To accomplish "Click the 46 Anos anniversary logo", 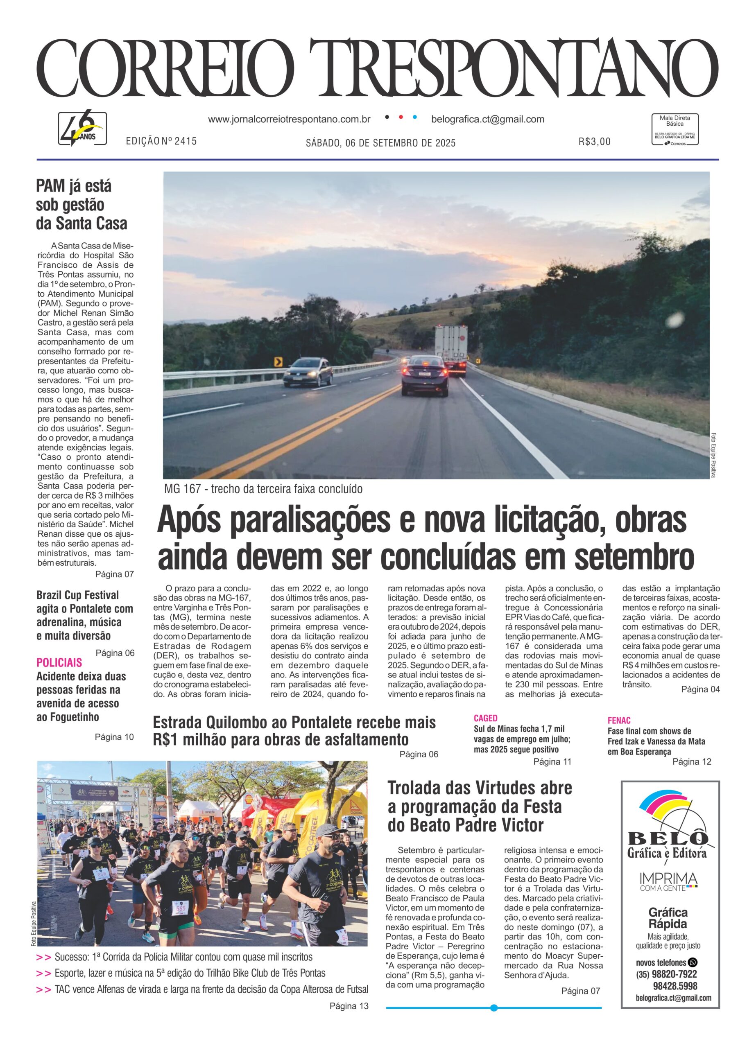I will tap(82, 128).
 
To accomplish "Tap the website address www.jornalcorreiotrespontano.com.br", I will tap(289, 119).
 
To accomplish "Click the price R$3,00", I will tap(594, 141).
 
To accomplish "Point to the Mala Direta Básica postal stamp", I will tap(675, 130).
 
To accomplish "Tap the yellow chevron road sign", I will tap(278, 362).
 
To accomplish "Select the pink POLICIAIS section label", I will tap(59, 662).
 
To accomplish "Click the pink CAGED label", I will tap(486, 718).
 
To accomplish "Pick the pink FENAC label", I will tap(619, 720).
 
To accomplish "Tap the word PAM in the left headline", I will tap(50, 186).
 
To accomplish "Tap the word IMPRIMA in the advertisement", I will tap(668, 878).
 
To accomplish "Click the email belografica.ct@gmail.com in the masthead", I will tap(487, 119).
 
